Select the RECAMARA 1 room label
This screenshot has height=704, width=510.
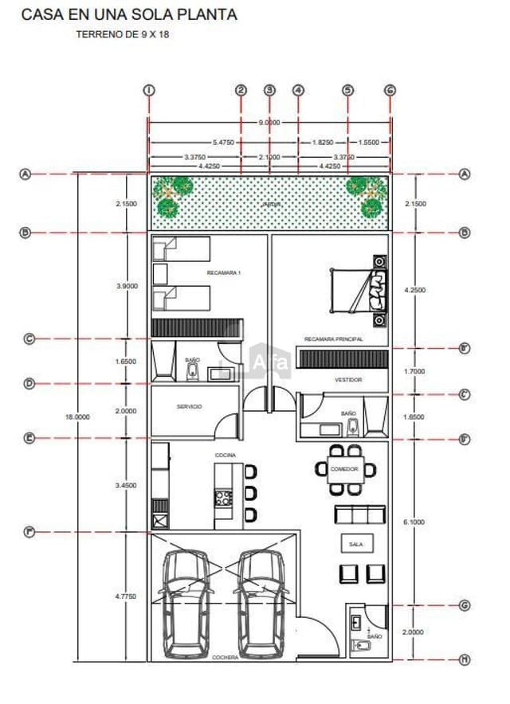[223, 273]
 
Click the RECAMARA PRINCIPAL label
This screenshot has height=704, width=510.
[334, 339]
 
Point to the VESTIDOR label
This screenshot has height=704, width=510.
[348, 380]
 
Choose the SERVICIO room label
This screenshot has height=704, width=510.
[189, 406]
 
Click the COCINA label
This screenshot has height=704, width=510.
[224, 455]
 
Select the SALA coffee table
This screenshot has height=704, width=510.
[355, 544]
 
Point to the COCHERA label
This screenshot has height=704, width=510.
[226, 657]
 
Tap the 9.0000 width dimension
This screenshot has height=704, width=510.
[269, 123]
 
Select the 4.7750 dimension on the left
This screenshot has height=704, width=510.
[127, 596]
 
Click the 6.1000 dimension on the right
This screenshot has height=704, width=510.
[414, 521]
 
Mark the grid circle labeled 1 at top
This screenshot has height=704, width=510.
[148, 90]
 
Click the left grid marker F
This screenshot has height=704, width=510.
[29, 531]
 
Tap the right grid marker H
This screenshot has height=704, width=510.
[465, 659]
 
